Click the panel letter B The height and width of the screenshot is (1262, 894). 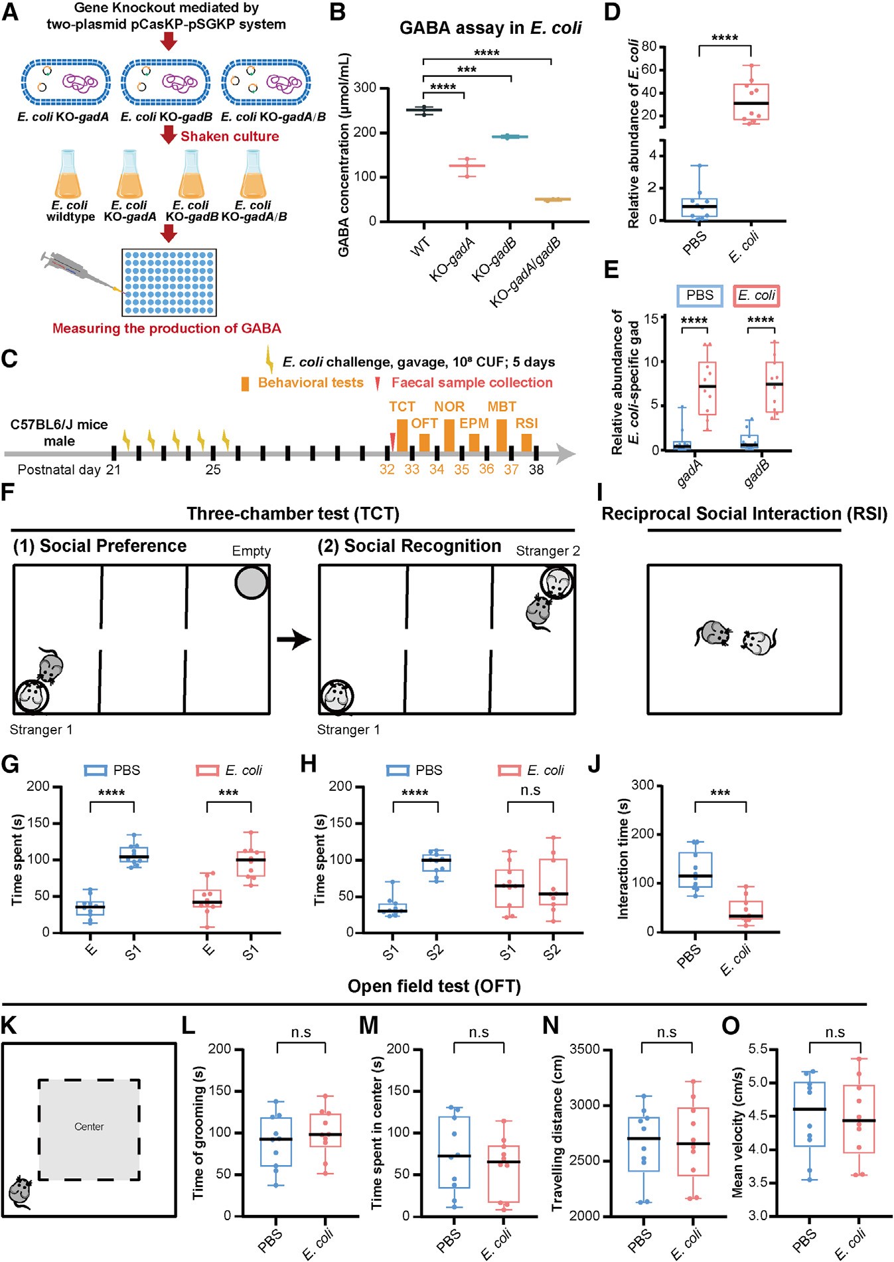pyautogui.click(x=338, y=12)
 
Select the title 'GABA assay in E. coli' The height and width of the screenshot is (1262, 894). pyautogui.click(x=490, y=28)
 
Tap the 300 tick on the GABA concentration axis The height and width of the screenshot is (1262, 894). pyautogui.click(x=364, y=88)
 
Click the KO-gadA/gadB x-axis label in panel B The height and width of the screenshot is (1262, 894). pyautogui.click(x=526, y=272)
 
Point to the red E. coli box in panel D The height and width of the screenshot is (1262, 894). pyautogui.click(x=751, y=102)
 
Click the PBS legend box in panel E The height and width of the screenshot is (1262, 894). pyautogui.click(x=699, y=296)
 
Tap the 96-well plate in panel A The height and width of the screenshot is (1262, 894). pyautogui.click(x=169, y=282)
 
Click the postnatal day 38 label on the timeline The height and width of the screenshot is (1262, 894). pyautogui.click(x=536, y=470)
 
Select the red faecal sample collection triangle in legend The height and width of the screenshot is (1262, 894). pyautogui.click(x=378, y=384)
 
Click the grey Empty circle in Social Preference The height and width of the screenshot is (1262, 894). pyautogui.click(x=251, y=582)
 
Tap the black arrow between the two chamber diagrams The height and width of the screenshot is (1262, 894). pyautogui.click(x=293, y=640)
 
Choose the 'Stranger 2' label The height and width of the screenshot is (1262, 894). pyautogui.click(x=548, y=551)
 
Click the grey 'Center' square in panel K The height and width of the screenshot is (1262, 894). pyautogui.click(x=89, y=1129)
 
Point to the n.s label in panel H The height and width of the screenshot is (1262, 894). pyautogui.click(x=530, y=790)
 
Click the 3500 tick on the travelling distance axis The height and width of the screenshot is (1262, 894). pyautogui.click(x=585, y=1050)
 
